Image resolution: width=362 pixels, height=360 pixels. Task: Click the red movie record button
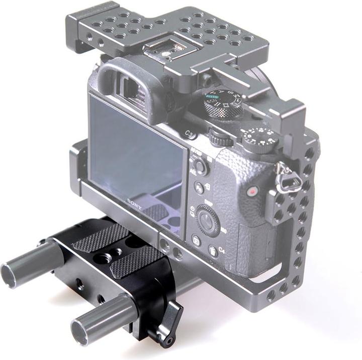[x=252, y=191]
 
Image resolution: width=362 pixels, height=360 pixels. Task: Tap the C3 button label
[x=190, y=134]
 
